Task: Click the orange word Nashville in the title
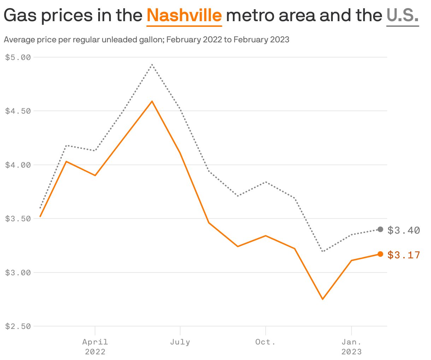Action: pos(184,16)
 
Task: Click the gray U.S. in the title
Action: pos(402,16)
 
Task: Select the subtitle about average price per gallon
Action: pos(146,40)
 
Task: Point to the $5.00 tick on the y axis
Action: pos(18,57)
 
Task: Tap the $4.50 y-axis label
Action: pos(18,111)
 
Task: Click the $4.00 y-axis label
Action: pos(18,165)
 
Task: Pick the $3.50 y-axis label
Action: pos(18,218)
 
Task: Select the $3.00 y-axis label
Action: pos(18,272)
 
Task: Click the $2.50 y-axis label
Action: pos(18,326)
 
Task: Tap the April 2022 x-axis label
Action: pos(95,347)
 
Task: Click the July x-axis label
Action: pos(180,342)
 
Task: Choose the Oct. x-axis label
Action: pos(265,342)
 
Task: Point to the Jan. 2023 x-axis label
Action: pos(351,347)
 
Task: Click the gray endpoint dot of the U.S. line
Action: pos(380,229)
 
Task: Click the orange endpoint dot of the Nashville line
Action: pos(380,254)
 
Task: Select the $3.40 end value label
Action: pos(403,230)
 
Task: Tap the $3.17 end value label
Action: pos(403,255)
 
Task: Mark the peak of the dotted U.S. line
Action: pos(152,65)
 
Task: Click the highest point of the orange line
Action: pos(152,101)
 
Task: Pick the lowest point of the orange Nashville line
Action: pos(323,299)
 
